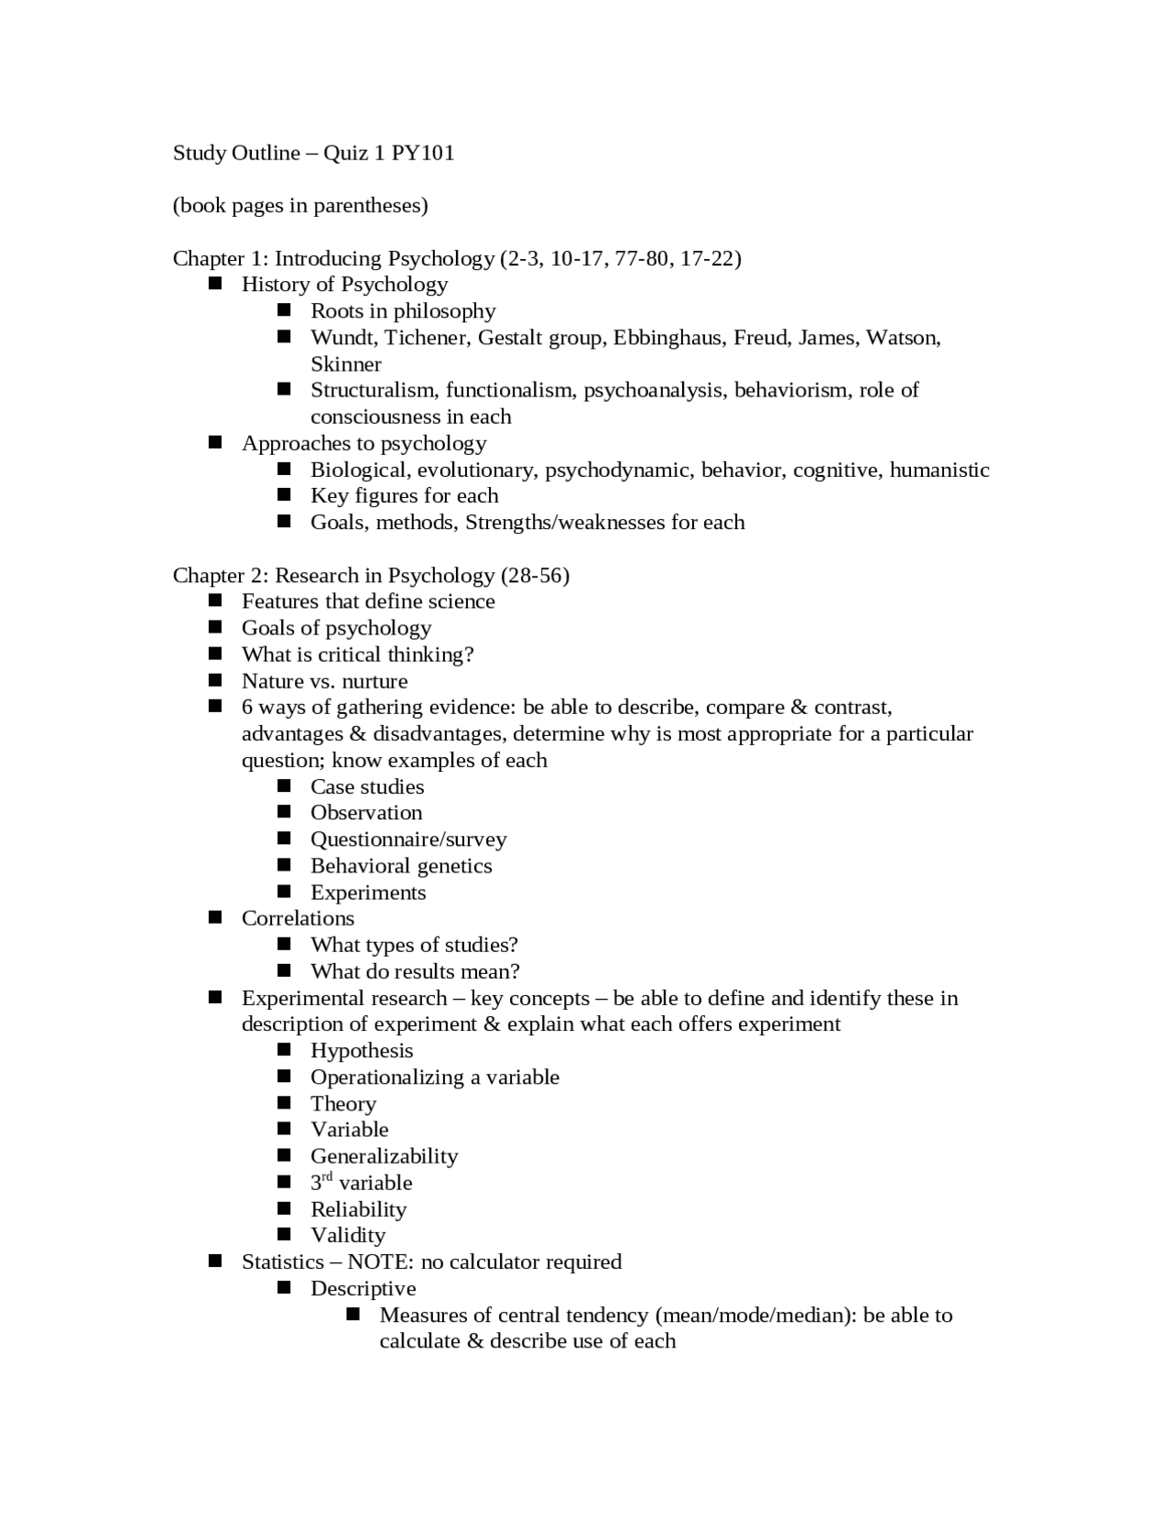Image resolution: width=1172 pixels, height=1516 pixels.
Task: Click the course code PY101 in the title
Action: [423, 153]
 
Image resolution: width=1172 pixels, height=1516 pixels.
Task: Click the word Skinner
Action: [345, 364]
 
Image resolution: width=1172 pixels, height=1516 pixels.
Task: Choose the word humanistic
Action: [939, 471]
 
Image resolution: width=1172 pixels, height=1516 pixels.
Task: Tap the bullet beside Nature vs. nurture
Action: [215, 680]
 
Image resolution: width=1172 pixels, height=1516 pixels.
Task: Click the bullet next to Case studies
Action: [284, 786]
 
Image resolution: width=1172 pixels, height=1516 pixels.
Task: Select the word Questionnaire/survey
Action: [408, 839]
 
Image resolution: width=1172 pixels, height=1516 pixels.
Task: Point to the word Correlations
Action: [298, 918]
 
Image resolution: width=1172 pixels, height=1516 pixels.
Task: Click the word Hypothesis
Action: [362, 1051]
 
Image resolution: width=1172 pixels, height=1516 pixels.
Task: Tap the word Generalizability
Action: [384, 1156]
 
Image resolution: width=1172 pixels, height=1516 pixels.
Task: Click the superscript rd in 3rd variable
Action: [327, 1177]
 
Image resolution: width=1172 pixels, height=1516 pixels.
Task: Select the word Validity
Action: [348, 1236]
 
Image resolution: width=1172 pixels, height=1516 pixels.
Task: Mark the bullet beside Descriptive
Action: [284, 1288]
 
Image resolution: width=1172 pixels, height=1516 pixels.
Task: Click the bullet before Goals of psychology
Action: [215, 628]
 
